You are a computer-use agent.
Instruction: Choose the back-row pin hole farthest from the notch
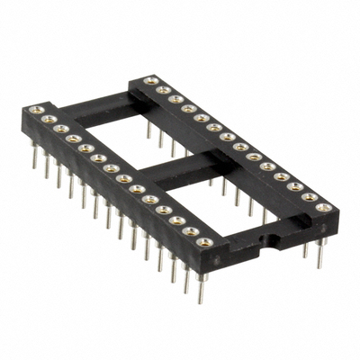coord(147,81)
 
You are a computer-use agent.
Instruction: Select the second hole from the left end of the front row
coord(50,118)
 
